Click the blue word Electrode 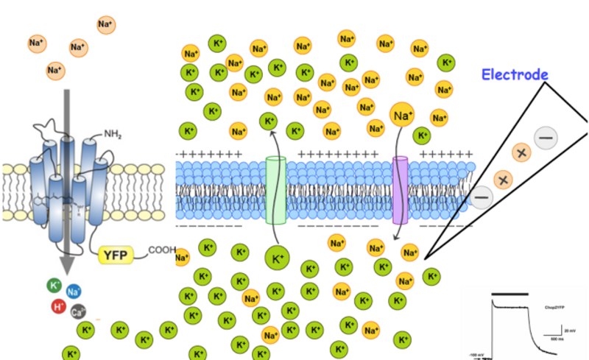point(515,74)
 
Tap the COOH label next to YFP point(162,250)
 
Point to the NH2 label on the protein point(113,135)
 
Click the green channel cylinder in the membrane point(275,190)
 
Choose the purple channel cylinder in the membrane point(401,190)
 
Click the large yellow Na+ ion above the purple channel point(401,114)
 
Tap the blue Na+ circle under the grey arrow point(74,292)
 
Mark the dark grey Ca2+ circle point(78,311)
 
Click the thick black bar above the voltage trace point(510,293)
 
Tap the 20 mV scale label point(570,332)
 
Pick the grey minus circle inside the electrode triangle point(546,138)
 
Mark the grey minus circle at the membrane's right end point(482,197)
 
